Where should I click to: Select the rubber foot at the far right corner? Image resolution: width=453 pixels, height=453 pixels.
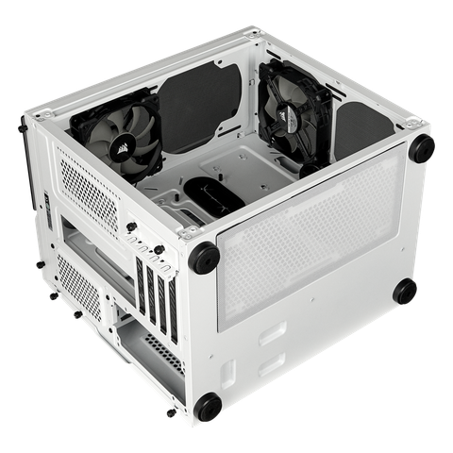tap(422, 147)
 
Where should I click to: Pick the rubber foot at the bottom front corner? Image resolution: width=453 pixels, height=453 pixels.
tap(208, 407)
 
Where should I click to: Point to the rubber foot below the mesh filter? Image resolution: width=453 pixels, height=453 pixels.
tap(405, 292)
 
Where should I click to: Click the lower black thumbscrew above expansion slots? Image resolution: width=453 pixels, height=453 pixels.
tap(159, 249)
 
